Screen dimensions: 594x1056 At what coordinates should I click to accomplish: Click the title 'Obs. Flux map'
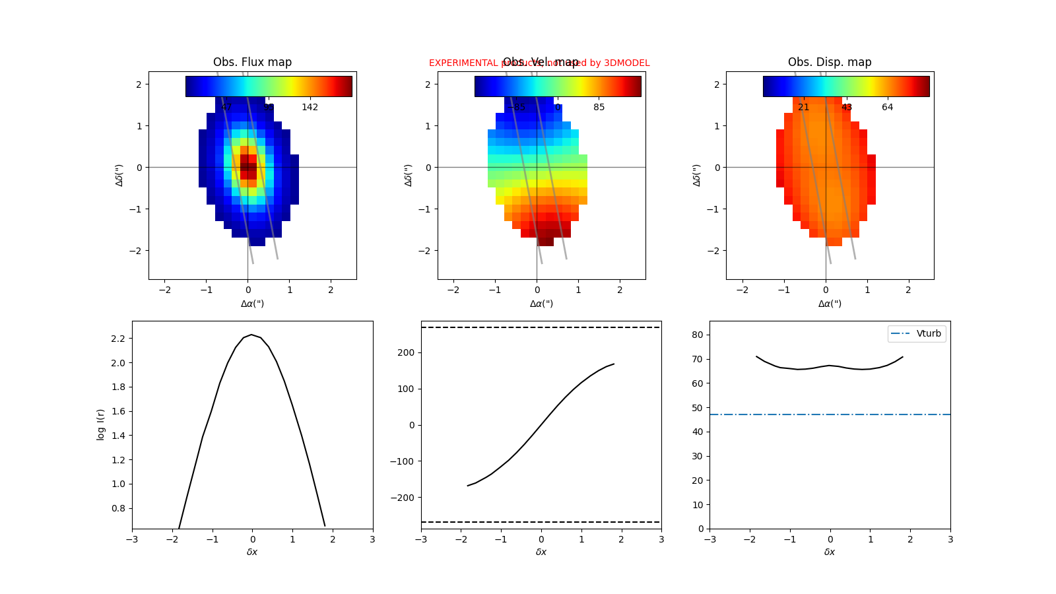(252, 62)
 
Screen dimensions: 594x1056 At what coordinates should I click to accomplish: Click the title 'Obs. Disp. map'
(830, 62)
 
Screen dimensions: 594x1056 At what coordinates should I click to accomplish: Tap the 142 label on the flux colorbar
(310, 107)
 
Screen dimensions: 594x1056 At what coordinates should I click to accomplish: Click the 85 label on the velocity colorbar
(599, 107)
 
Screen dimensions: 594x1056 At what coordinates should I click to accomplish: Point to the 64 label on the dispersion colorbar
(887, 107)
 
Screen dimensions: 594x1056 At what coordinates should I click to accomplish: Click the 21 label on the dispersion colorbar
(803, 107)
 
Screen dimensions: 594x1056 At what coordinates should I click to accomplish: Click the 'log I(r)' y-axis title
(100, 424)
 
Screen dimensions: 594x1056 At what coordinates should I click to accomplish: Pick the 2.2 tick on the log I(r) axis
(118, 339)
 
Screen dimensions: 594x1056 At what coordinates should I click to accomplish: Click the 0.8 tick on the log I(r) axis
(118, 508)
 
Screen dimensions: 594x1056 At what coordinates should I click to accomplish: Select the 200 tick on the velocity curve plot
(406, 352)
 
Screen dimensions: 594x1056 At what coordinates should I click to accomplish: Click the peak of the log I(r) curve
(251, 335)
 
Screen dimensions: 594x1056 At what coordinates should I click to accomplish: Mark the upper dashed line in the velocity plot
(541, 327)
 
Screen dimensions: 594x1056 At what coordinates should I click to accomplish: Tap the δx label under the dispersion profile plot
(830, 552)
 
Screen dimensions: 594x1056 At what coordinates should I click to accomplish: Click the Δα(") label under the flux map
(252, 304)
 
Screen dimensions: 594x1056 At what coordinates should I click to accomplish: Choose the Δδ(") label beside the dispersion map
(697, 175)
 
